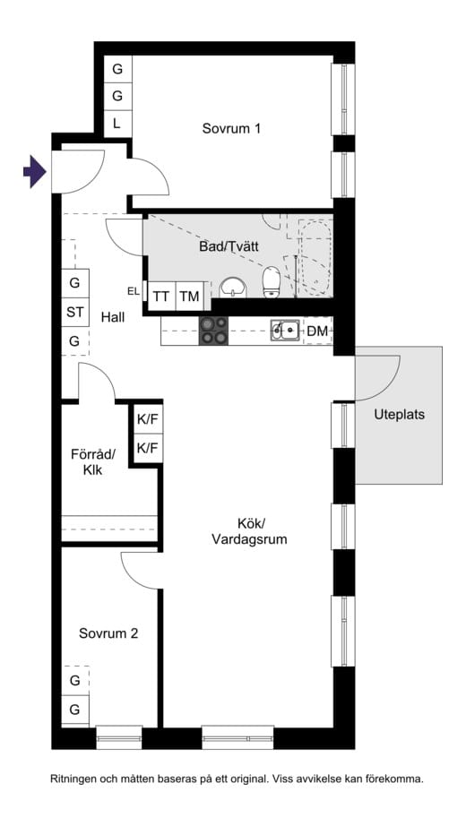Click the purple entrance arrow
point(35,172)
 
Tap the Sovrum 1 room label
point(231,128)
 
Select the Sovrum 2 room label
point(108,633)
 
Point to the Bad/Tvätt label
point(229,246)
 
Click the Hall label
point(113,317)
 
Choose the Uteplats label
point(400,415)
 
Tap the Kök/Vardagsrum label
point(249,531)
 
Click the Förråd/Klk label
point(93,462)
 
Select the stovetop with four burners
point(213,331)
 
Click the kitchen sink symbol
point(285,331)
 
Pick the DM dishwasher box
point(318,331)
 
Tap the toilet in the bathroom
point(271,282)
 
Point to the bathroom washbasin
point(233,288)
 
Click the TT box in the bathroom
point(161,297)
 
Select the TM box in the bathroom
point(189,297)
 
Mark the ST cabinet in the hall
point(75,313)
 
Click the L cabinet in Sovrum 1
point(117,125)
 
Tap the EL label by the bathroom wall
point(134,291)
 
